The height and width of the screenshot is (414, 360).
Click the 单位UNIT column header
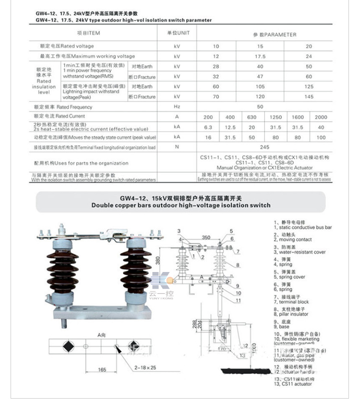tap(178, 33)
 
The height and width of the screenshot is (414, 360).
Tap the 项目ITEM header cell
tap(90, 33)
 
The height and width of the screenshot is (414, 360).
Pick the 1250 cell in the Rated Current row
tap(275, 117)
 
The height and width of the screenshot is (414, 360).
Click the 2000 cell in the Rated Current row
tap(321, 117)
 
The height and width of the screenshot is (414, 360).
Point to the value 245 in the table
tap(260, 147)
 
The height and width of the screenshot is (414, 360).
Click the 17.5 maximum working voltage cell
tap(260, 56)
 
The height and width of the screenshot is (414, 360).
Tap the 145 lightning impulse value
tap(309, 97)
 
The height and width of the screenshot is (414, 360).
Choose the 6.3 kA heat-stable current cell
tap(208, 127)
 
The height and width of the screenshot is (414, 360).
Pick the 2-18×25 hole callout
tap(146, 367)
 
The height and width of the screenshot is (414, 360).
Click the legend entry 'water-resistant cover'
tap(299, 252)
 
